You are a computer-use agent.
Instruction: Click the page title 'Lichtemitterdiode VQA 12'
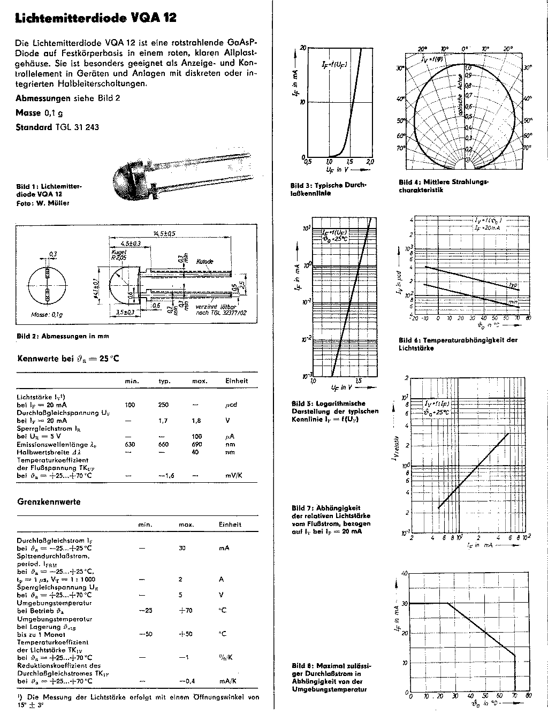[x=96, y=18]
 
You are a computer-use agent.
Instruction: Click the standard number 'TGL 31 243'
[x=77, y=127]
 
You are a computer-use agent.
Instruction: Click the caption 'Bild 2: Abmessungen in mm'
[x=62, y=336]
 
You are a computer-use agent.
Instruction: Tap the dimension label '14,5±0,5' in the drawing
[x=164, y=233]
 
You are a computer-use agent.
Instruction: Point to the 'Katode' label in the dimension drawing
[x=205, y=261]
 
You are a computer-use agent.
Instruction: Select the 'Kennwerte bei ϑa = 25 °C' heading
[x=68, y=358]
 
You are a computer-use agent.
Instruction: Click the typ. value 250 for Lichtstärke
[x=163, y=405]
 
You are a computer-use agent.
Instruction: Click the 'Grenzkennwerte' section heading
[x=49, y=502]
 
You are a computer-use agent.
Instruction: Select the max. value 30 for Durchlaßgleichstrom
[x=182, y=548]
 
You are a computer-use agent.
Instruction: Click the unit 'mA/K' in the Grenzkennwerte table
[x=227, y=681]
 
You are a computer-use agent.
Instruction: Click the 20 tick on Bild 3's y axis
[x=303, y=48]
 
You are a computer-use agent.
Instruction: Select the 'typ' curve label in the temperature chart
[x=512, y=285]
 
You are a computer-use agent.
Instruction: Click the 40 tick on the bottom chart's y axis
[x=405, y=573]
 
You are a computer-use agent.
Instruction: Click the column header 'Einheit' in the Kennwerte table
[x=237, y=381]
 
